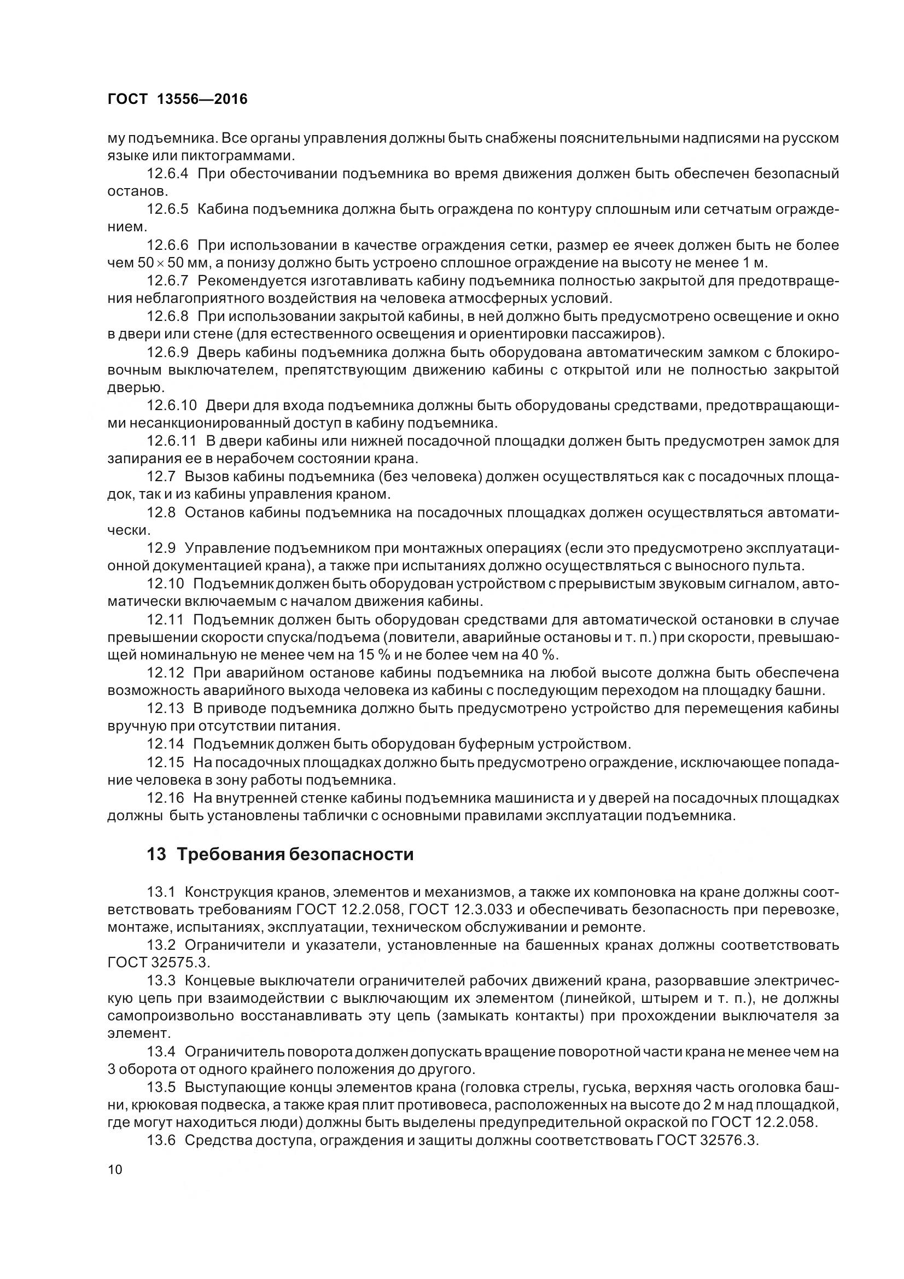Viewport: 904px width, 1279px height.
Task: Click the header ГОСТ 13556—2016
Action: pos(177,99)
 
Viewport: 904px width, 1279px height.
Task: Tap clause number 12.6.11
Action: pos(172,441)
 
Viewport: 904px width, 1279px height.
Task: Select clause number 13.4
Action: pos(161,1051)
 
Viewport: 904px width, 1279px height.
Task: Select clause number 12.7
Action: pos(161,476)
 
